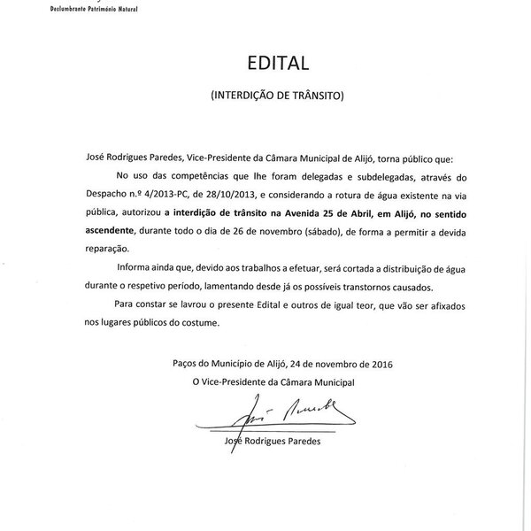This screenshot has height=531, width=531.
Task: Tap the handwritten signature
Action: click(285, 408)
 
